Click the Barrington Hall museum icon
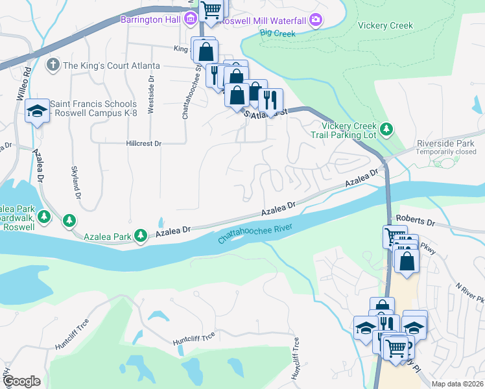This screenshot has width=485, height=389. coord(191,19)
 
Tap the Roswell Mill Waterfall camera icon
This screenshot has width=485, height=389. coord(316,19)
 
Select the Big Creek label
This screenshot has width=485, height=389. coord(278,32)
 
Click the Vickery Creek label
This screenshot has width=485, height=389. coord(385,26)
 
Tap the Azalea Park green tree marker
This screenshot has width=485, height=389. coord(141,236)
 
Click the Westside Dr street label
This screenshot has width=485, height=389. coord(150,96)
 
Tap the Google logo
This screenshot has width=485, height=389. coord(21,381)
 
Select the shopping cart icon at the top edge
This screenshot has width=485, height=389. coord(211,9)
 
